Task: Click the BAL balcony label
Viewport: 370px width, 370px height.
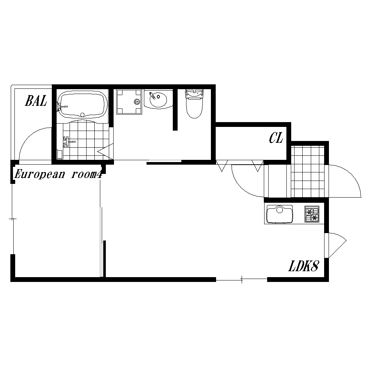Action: tap(36, 101)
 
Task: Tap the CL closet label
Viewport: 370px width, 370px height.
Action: tap(276, 138)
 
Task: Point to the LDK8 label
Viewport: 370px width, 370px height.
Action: tap(304, 266)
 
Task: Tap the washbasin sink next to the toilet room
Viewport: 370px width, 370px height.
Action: tap(158, 100)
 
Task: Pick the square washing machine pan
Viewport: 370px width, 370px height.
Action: tap(129, 102)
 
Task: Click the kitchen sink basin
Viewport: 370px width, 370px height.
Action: tap(280, 214)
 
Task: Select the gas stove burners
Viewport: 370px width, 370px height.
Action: tap(312, 214)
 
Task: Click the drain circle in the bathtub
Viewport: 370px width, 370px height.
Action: tap(83, 115)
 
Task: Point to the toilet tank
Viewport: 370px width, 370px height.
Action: tap(195, 93)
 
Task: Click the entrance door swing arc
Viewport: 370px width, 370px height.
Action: tap(349, 176)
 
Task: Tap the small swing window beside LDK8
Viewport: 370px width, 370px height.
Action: tap(336, 245)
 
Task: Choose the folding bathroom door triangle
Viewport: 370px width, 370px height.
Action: tap(105, 151)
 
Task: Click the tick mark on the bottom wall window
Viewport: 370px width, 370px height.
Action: tap(242, 279)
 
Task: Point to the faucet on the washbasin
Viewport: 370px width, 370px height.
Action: tap(152, 95)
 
